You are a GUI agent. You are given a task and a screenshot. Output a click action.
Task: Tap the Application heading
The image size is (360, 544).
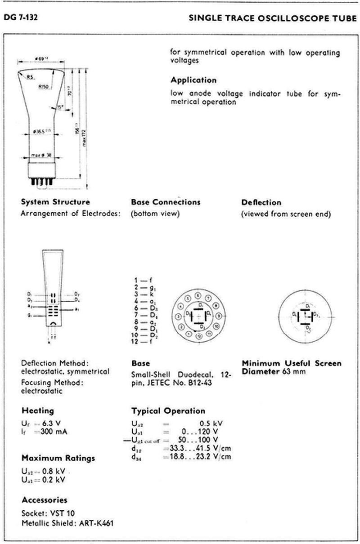tap(193, 80)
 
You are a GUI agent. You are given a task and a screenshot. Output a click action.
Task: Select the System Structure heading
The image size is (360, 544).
tap(55, 202)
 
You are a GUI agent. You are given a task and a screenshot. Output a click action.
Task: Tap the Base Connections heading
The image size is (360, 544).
tap(166, 202)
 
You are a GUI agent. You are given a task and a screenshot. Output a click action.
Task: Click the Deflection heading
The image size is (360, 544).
tap(261, 202)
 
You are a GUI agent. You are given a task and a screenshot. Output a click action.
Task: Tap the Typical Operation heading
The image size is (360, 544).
tap(168, 410)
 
